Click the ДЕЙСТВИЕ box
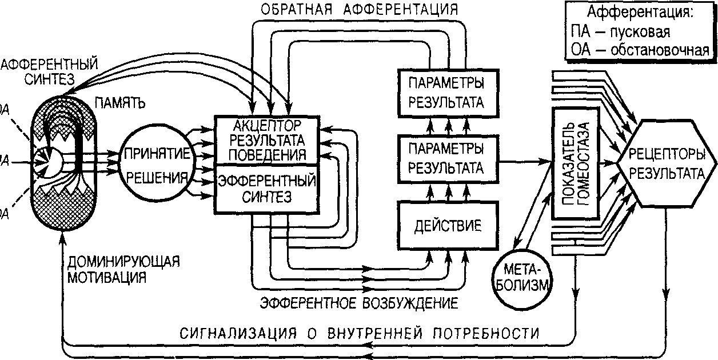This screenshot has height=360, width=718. (447, 225)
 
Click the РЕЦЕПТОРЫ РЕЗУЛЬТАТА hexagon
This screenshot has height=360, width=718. (667, 165)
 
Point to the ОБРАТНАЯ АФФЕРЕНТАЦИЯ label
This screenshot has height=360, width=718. (358, 10)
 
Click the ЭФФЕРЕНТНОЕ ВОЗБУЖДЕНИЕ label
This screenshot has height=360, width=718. (358, 302)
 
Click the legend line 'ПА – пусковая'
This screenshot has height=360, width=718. (620, 31)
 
